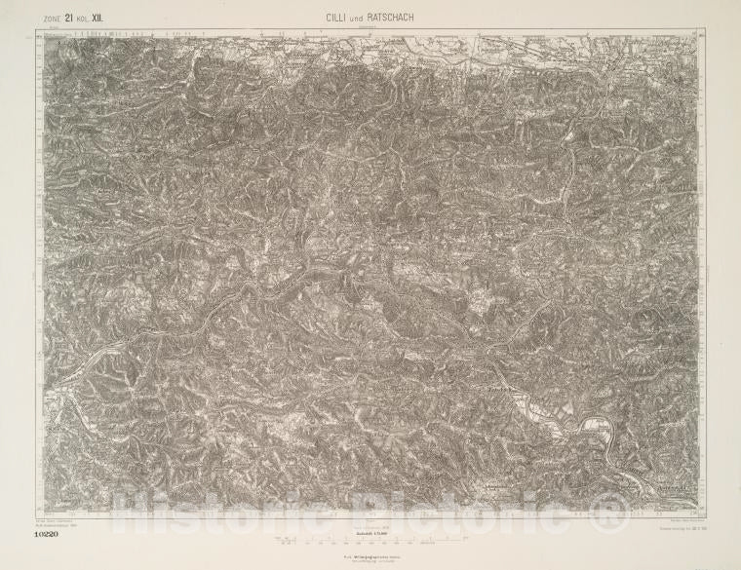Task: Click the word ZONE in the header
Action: click(46, 17)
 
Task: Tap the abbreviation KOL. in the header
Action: click(84, 17)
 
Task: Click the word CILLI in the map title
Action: click(337, 16)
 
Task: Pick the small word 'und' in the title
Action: click(358, 17)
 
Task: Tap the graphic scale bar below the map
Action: click(370, 537)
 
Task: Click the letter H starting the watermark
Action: click(125, 505)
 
